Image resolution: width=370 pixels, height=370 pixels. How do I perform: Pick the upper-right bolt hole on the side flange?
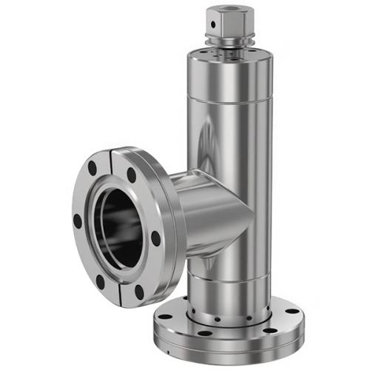click(x=132, y=176)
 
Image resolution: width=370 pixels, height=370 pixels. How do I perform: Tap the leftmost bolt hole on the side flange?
click(x=78, y=220)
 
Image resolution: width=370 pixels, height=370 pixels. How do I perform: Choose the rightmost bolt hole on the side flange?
click(x=155, y=238)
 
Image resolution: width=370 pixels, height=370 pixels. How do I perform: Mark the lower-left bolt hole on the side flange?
click(x=101, y=282)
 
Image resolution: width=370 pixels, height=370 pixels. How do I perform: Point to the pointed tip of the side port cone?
click(x=252, y=217)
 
